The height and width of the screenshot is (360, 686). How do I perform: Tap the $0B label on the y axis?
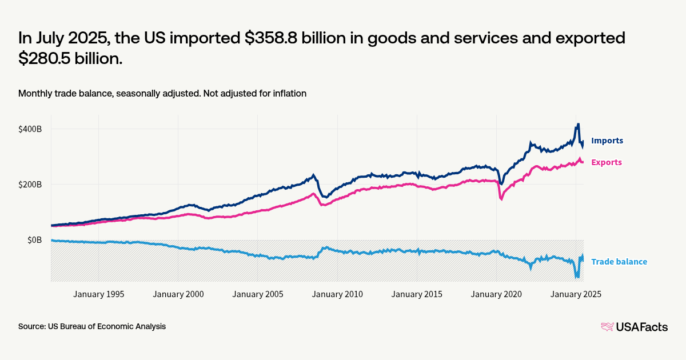click(35, 240)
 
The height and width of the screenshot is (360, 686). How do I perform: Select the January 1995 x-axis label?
click(98, 294)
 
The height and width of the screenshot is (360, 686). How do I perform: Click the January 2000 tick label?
click(178, 294)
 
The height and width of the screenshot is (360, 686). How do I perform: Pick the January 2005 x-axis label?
click(257, 294)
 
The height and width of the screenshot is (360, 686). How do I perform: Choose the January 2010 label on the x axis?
click(337, 294)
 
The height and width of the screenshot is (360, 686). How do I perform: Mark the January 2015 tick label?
click(417, 294)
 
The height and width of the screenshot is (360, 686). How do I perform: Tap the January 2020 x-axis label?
click(496, 294)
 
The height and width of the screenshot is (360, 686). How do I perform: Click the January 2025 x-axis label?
click(576, 294)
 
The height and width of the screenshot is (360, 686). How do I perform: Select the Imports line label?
click(607, 141)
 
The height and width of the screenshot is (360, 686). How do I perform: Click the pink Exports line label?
click(606, 162)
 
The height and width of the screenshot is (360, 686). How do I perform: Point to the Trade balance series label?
click(619, 262)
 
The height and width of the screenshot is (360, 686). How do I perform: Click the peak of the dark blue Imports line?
click(578, 124)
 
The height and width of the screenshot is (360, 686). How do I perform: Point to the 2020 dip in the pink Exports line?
click(501, 199)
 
